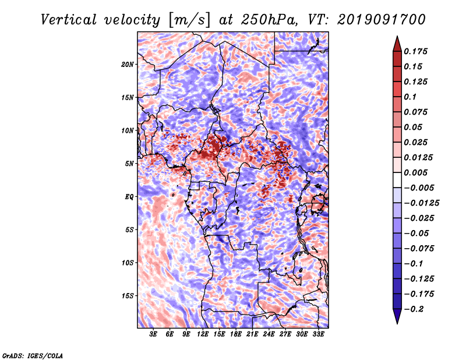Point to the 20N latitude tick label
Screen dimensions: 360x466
point(128,64)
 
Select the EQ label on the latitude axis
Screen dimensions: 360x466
point(129,196)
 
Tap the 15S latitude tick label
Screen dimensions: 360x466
point(128,295)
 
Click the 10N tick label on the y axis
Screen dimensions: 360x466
point(128,130)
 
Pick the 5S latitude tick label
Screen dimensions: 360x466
point(129,230)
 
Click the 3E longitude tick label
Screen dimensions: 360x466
point(154,335)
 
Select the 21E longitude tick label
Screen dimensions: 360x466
point(252,335)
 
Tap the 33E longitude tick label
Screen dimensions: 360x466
point(318,335)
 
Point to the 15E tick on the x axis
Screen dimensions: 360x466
point(220,335)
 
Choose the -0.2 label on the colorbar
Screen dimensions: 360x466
point(417,309)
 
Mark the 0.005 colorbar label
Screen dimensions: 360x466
point(417,172)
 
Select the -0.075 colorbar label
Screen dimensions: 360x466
point(419,248)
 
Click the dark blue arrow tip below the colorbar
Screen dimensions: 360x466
point(397,319)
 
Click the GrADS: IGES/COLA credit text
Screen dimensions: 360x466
point(33,354)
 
